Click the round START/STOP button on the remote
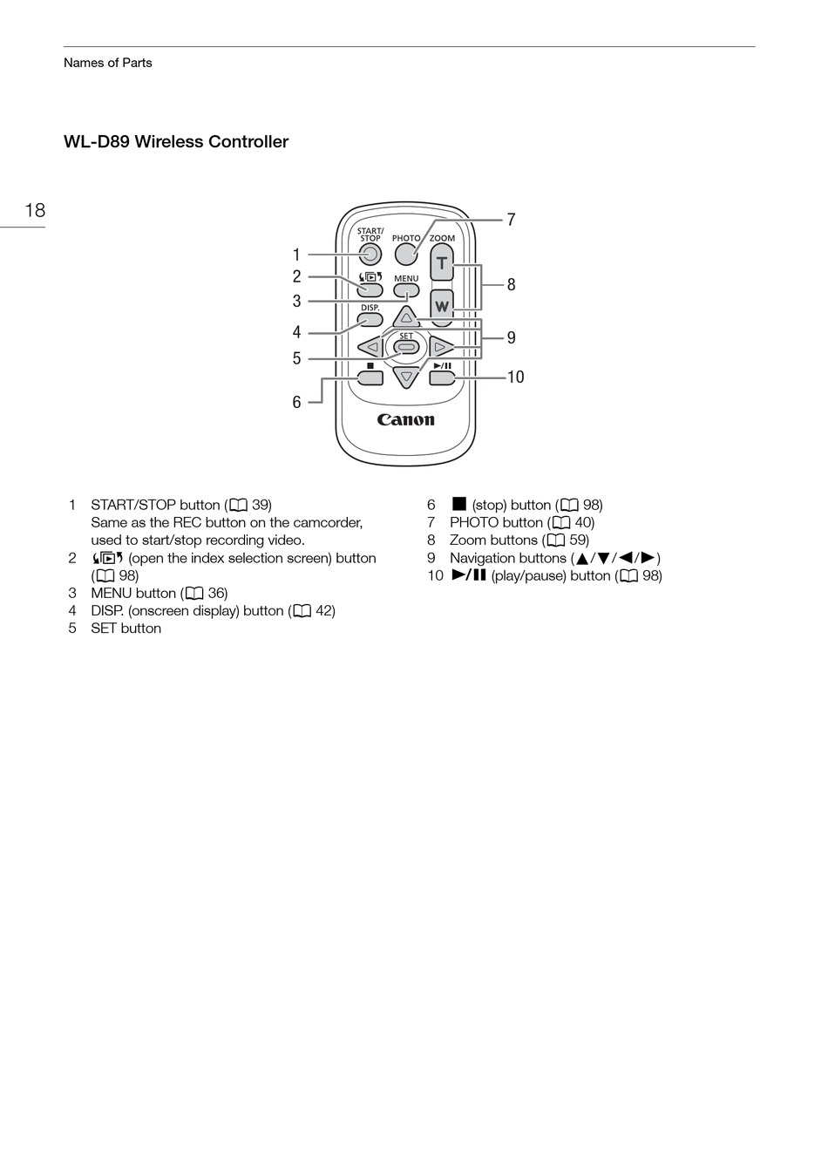point(370,255)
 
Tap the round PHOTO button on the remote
point(406,254)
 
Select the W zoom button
point(442,306)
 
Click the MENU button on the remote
point(406,291)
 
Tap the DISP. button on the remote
point(370,320)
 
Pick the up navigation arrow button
point(406,317)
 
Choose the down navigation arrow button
point(406,377)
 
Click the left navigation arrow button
point(371,347)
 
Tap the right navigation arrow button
point(441,347)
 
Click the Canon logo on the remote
point(406,420)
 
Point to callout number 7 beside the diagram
point(512,221)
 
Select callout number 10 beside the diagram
point(515,377)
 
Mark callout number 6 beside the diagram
point(296,403)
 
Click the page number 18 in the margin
point(35,210)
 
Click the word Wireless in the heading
point(171,142)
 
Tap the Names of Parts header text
point(108,63)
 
